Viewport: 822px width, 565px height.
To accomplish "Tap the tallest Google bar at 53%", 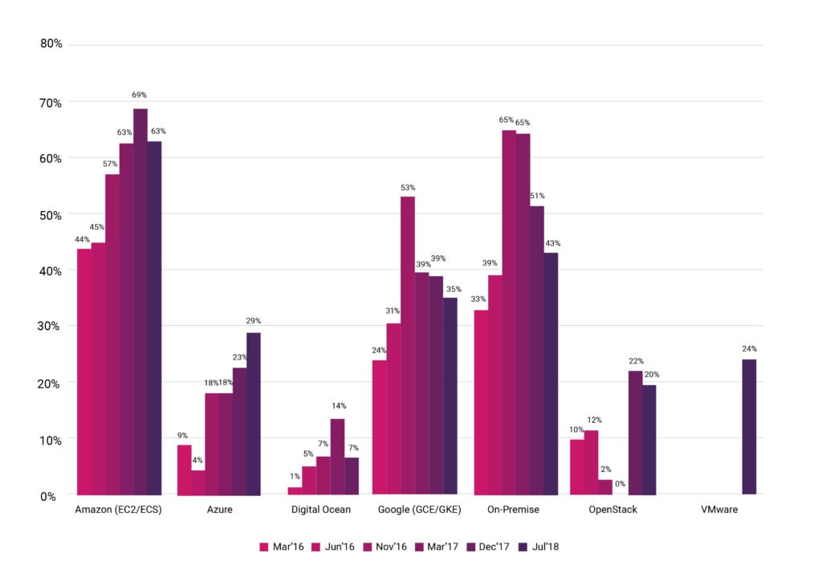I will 408,345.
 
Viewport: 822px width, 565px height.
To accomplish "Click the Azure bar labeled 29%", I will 254,413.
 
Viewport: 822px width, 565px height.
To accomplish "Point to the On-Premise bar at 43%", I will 551,373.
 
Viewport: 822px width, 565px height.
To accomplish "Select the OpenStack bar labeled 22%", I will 635,433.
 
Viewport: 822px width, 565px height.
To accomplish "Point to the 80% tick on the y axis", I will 51,43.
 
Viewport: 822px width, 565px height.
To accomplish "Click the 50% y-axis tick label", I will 51,214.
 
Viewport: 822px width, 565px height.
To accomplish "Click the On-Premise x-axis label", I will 513,510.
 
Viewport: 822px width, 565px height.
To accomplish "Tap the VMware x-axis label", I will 719,510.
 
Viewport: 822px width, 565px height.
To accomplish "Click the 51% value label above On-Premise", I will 537,195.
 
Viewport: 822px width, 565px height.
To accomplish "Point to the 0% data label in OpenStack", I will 621,485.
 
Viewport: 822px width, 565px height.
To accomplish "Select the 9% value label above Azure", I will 183,436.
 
